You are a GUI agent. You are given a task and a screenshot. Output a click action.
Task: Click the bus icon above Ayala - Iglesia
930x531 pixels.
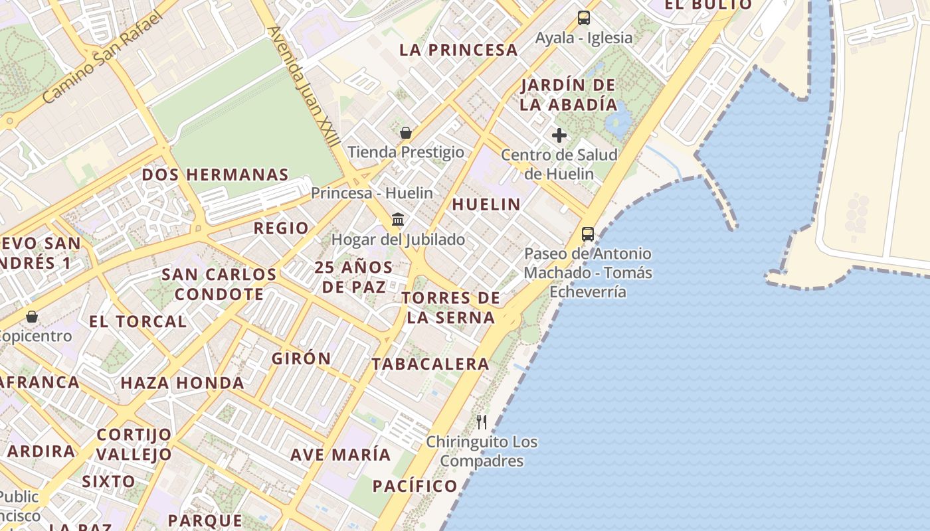point(583,18)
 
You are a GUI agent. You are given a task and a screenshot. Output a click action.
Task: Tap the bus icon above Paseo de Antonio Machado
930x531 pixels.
point(588,234)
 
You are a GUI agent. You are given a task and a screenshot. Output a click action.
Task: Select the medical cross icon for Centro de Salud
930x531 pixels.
point(559,136)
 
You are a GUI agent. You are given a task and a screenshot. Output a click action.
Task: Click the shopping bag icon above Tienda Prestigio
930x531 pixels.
point(406,133)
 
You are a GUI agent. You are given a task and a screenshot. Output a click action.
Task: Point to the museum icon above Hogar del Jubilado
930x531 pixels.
point(398,219)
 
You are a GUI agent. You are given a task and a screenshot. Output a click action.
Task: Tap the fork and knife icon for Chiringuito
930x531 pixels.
point(482,421)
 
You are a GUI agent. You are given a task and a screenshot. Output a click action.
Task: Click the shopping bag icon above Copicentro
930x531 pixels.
point(31,317)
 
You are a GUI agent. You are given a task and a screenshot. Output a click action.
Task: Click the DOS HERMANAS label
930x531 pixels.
point(215,175)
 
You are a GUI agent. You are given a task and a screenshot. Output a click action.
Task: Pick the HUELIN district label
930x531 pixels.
point(486,204)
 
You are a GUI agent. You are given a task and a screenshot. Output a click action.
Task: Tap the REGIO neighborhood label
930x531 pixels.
point(281,228)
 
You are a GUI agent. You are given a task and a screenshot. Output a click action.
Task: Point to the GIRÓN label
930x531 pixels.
point(301,358)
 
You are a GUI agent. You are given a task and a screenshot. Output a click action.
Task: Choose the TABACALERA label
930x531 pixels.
point(430,364)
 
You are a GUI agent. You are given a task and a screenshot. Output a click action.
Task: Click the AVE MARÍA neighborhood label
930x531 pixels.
point(340,455)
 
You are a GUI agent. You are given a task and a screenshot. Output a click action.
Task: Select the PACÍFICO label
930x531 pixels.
point(415,486)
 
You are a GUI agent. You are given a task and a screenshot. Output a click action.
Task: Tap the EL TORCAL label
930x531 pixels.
point(138,322)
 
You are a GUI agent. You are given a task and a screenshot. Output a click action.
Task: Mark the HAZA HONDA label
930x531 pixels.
point(182,383)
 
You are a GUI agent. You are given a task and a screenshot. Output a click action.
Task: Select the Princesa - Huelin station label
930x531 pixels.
point(372,193)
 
